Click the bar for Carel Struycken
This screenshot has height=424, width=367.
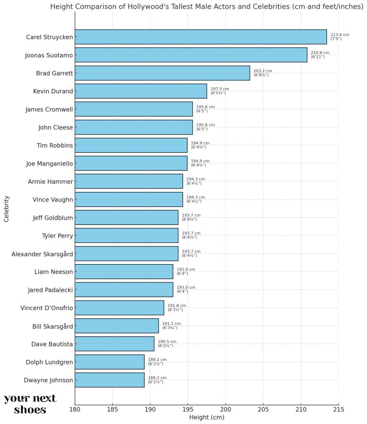[201, 37]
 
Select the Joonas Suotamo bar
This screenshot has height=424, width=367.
[191, 55]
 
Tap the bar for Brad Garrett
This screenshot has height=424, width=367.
[162, 73]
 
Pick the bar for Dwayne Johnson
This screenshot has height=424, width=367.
[109, 380]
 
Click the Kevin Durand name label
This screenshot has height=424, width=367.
[53, 91]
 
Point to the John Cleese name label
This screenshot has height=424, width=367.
[55, 127]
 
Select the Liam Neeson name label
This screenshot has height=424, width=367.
[54, 272]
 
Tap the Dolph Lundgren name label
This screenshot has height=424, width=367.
[50, 362]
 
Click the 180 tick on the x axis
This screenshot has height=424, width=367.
[75, 409]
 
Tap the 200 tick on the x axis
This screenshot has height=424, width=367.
[226, 409]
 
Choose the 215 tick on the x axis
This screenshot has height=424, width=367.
[338, 409]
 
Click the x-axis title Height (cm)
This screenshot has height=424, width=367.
[206, 417]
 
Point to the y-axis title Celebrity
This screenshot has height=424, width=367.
[7, 208]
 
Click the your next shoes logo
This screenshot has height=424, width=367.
[30, 404]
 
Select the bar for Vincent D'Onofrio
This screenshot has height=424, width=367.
[119, 308]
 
